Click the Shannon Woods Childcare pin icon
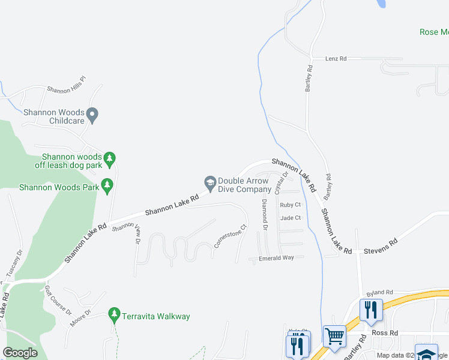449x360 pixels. tap(92, 113)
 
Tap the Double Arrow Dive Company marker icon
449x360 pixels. tap(210, 182)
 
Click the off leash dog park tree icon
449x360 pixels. tap(109, 158)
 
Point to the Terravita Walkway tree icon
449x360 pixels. tap(114, 314)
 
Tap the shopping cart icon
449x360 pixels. tap(334, 336)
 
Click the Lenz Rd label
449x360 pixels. tap(336, 59)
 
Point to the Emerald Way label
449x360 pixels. tap(276, 258)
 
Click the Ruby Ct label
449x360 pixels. tap(290, 205)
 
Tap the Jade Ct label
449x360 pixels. tap(290, 218)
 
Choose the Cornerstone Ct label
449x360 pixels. tap(231, 236)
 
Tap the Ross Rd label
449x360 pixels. tap(385, 332)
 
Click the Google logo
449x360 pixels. tap(20, 353)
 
